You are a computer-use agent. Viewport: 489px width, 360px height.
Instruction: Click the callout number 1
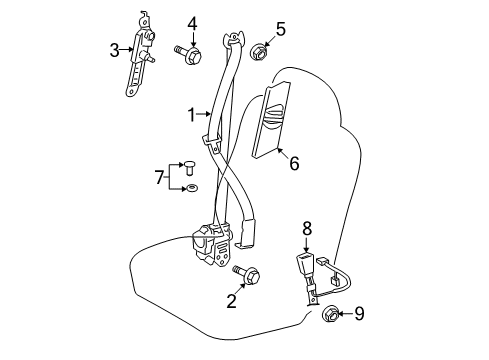191,115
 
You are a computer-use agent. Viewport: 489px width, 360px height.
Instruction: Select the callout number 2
231,300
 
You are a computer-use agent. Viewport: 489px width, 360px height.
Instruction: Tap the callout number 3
114,50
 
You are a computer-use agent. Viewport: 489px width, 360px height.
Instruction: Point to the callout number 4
192,24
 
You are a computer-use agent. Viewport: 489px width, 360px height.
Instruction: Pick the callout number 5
281,29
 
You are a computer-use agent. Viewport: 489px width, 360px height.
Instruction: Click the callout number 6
294,163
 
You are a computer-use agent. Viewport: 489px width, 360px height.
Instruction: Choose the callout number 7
159,177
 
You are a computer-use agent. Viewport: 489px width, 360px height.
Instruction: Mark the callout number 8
307,229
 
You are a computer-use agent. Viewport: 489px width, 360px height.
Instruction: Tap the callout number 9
359,313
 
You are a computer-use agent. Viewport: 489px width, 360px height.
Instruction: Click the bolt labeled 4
188,54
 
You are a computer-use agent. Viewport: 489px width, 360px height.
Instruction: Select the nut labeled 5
259,52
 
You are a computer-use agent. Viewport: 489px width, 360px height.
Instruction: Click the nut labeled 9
331,314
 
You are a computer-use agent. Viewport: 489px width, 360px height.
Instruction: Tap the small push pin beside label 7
190,168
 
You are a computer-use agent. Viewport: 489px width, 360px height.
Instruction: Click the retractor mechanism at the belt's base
213,244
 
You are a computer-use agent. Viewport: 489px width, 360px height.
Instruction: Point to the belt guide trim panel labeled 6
271,119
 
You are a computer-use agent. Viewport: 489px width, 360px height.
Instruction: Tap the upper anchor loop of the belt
233,38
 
